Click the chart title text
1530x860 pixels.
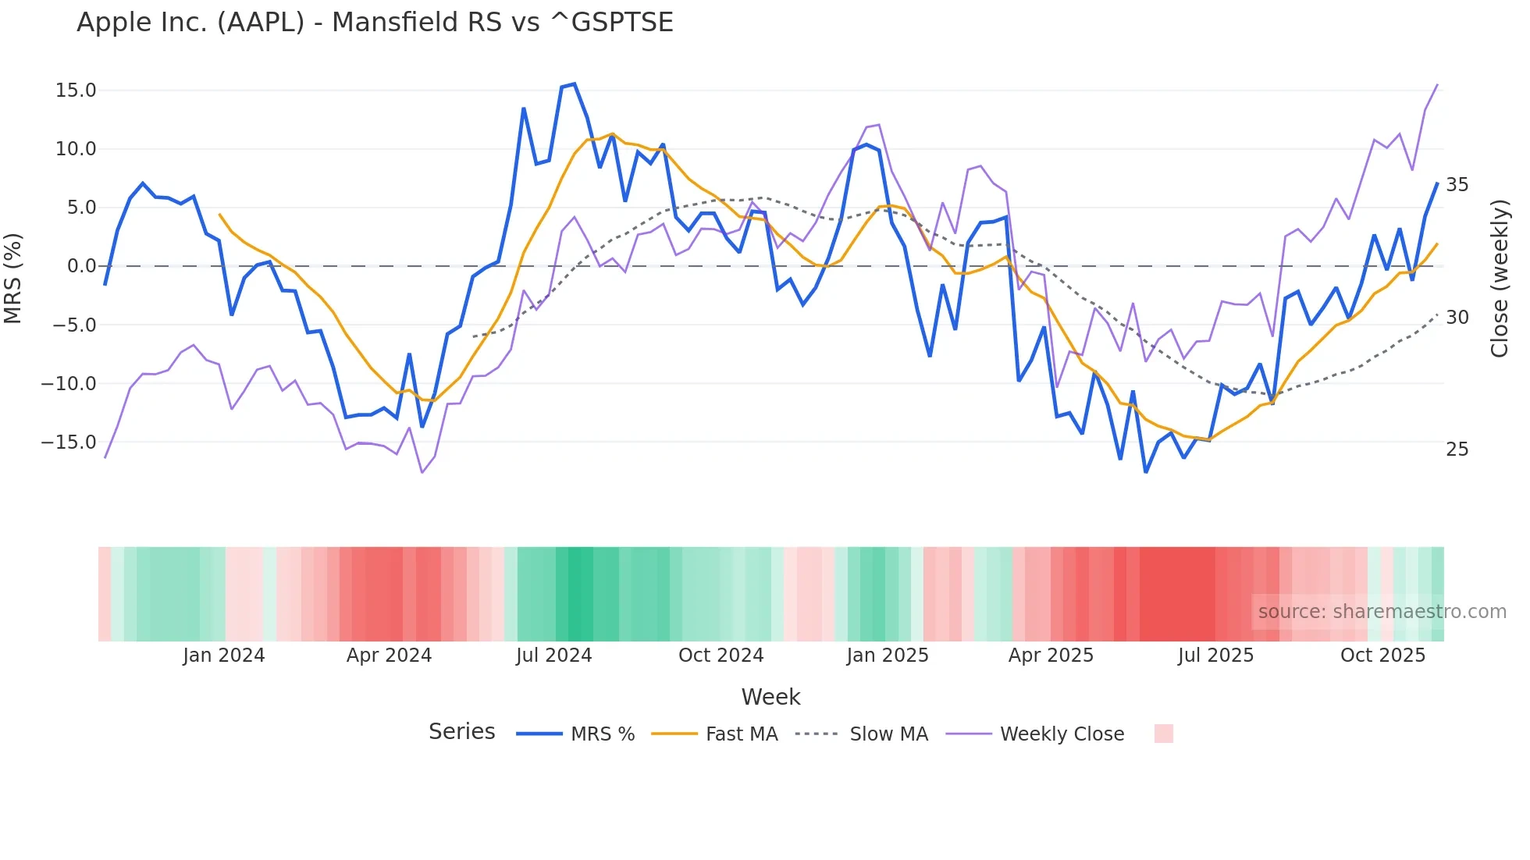pyautogui.click(x=375, y=23)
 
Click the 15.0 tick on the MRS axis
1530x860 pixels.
pyautogui.click(x=76, y=91)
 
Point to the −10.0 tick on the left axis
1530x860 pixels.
pyautogui.click(x=69, y=384)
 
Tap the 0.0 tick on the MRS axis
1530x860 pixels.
pyautogui.click(x=81, y=266)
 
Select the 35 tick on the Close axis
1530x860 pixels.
pyautogui.click(x=1457, y=185)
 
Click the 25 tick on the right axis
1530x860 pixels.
pyautogui.click(x=1457, y=450)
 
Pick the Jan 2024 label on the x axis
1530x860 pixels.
pyautogui.click(x=224, y=656)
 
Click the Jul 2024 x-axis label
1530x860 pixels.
pyautogui.click(x=553, y=656)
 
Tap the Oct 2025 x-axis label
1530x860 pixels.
pyautogui.click(x=1382, y=656)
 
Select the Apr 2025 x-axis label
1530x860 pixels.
pyautogui.click(x=1051, y=656)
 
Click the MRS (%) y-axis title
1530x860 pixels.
pyautogui.click(x=13, y=278)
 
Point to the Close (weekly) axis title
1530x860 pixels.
pyautogui.click(x=1500, y=279)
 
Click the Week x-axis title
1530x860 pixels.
pyautogui.click(x=770, y=697)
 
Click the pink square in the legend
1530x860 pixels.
pyautogui.click(x=1163, y=734)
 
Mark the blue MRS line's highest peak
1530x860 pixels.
pyautogui.click(x=575, y=84)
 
